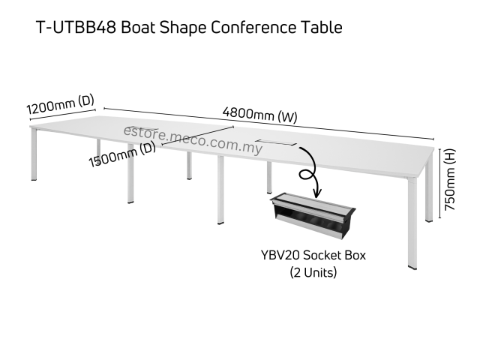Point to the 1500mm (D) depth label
121,155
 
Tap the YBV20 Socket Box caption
313,256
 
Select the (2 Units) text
313,273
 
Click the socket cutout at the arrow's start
276,142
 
